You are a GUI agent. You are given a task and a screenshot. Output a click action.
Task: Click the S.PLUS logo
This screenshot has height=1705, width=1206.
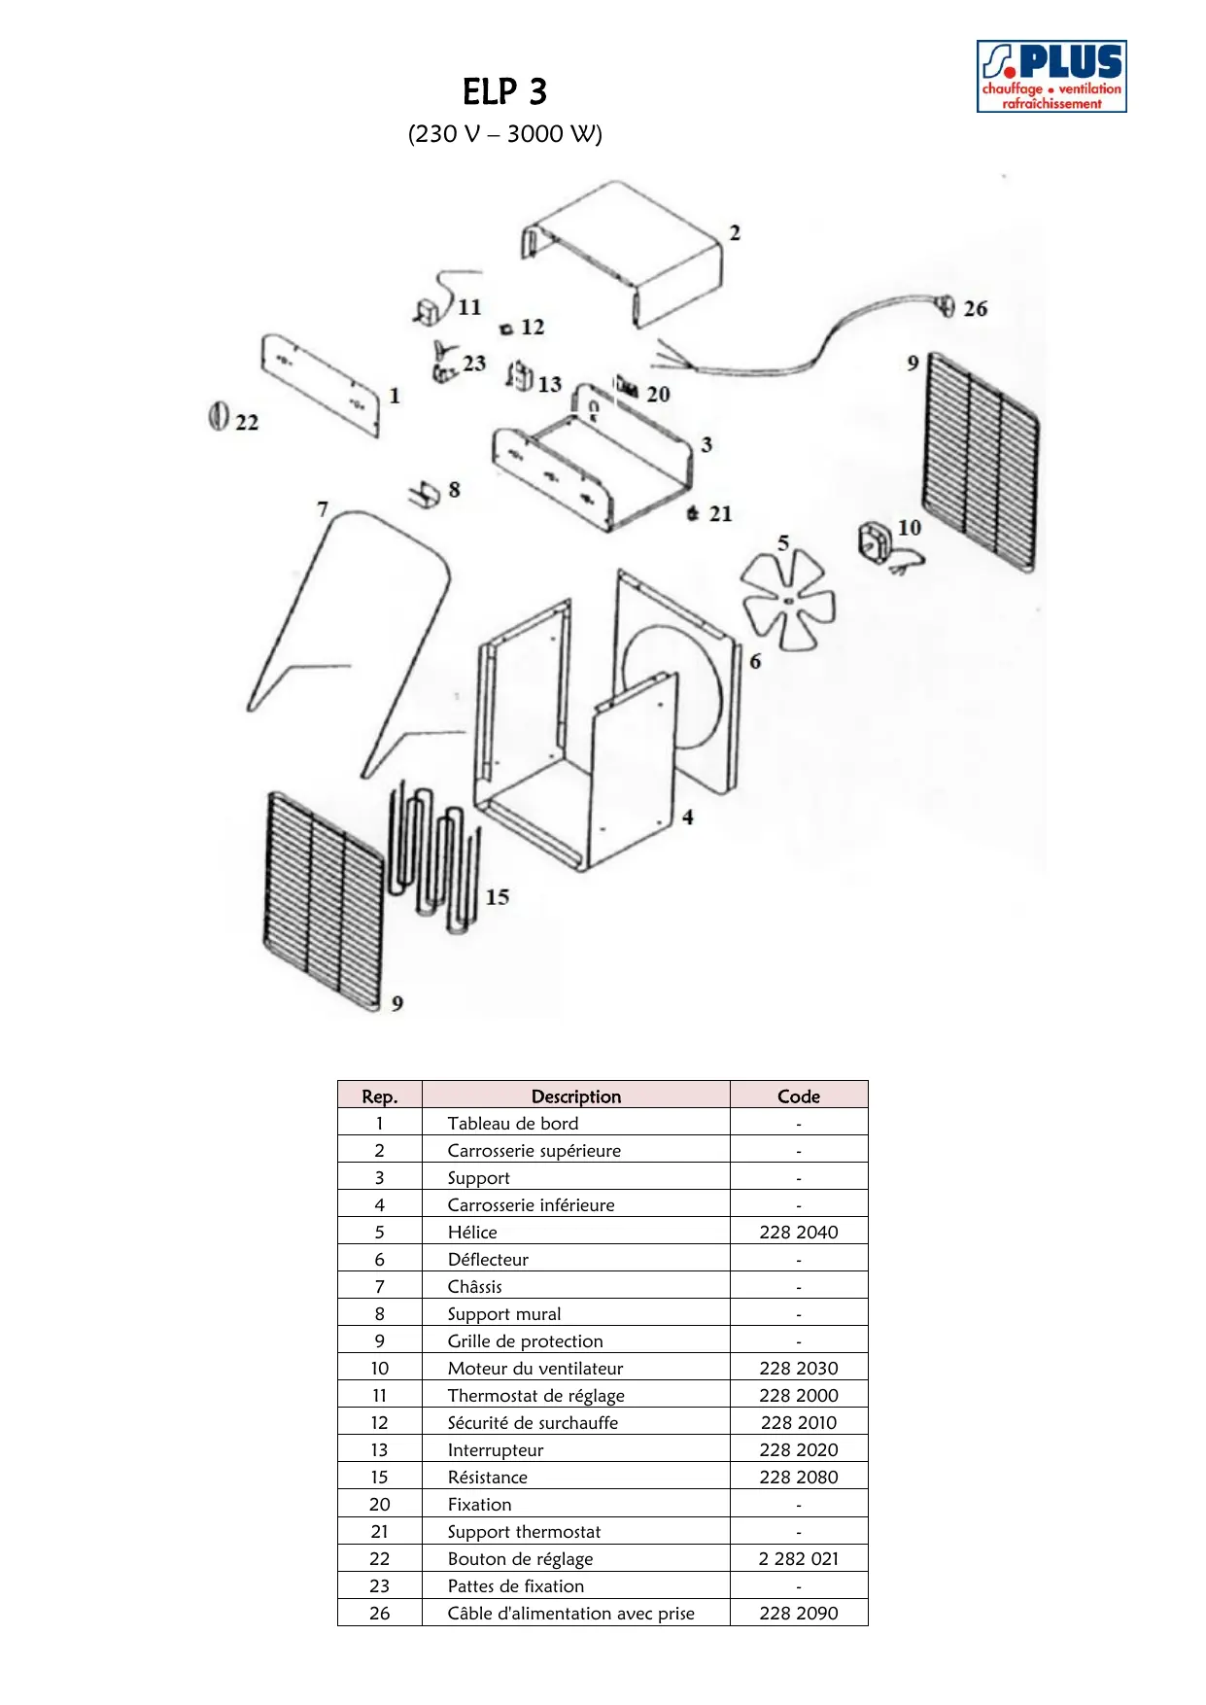point(1051,76)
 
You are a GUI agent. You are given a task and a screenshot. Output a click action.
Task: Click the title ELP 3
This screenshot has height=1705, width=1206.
point(504,92)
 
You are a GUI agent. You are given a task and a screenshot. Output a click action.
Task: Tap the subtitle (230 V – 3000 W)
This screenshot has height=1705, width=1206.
point(504,134)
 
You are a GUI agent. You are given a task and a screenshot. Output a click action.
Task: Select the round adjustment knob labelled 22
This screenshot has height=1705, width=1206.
point(218,416)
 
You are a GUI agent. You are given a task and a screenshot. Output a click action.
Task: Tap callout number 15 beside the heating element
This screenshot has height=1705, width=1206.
point(498,897)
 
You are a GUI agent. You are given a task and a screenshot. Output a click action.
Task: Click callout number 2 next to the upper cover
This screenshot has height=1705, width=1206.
point(735,233)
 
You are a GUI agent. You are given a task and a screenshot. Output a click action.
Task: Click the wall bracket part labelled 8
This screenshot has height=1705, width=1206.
point(425,494)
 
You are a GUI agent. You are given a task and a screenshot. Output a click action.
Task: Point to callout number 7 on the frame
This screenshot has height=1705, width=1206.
point(323,509)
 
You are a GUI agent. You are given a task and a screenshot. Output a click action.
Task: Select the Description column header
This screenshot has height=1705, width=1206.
point(575,1096)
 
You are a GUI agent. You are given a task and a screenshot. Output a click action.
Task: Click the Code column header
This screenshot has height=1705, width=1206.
point(798,1096)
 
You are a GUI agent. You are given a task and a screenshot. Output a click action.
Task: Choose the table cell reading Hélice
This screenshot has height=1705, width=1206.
point(472,1233)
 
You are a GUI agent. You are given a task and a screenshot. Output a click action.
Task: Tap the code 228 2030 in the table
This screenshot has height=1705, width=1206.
point(798,1369)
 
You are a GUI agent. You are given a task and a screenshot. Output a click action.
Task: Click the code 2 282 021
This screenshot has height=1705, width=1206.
point(798,1559)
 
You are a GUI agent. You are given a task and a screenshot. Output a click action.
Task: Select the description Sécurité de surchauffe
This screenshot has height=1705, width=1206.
point(533,1423)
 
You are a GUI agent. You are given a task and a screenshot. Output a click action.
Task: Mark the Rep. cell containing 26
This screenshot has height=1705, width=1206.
point(379,1614)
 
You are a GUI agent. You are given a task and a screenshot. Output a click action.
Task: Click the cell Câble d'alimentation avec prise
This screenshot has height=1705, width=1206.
point(570,1614)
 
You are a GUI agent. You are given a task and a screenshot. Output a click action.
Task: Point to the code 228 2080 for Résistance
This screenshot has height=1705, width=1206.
point(798,1478)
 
